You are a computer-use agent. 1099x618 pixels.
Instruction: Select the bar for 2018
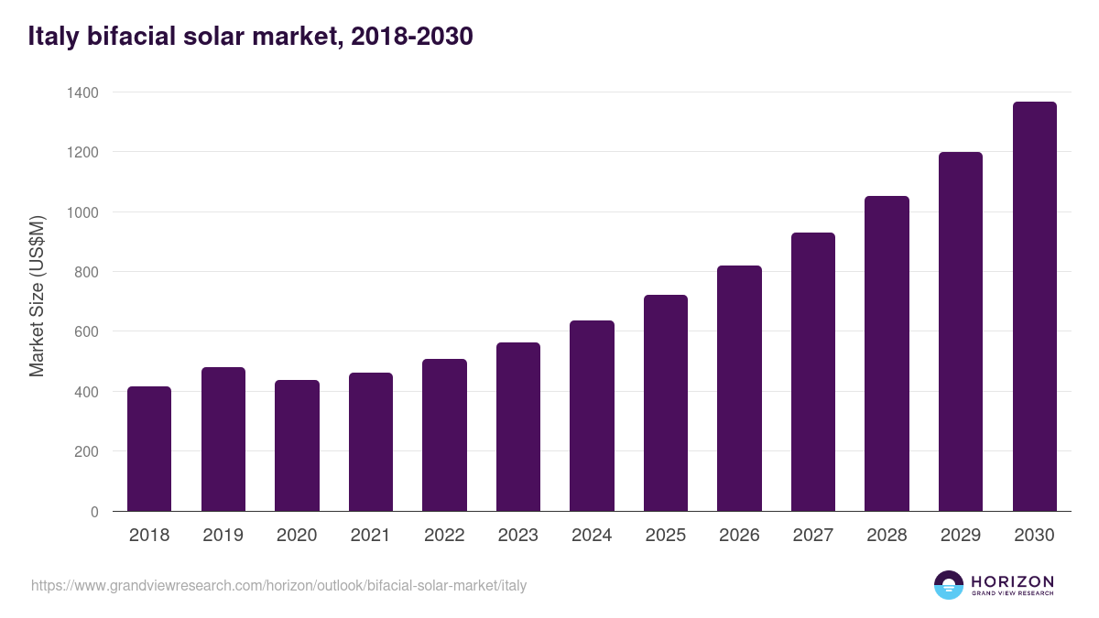click(149, 449)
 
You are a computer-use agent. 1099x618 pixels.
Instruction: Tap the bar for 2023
click(518, 427)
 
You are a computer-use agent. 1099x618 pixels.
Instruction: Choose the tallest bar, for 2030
click(1034, 307)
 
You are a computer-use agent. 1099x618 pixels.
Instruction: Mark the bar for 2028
click(887, 353)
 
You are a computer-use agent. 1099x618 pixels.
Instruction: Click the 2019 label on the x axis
click(223, 536)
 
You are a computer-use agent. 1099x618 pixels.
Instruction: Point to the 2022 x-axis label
click(444, 536)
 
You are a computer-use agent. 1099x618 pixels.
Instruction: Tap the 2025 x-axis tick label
click(666, 536)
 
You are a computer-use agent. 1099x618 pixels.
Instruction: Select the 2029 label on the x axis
click(960, 536)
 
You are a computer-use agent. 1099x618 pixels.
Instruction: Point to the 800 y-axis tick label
click(87, 272)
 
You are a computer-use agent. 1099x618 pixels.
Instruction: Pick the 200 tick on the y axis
click(87, 451)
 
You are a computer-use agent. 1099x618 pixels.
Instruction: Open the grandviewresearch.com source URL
click(279, 585)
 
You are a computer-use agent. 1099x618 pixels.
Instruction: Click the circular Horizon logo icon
click(948, 585)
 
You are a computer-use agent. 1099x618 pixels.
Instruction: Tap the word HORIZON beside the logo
click(1012, 580)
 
